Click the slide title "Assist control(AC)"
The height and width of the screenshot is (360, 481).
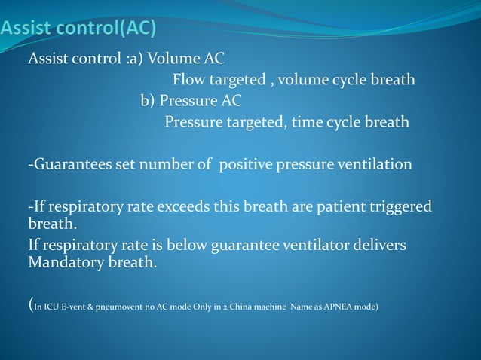tap(78, 29)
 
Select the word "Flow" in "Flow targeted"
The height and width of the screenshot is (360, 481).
tap(188, 79)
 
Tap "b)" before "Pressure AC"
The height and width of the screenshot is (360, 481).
tap(148, 100)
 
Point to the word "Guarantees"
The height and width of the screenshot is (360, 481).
tap(69, 163)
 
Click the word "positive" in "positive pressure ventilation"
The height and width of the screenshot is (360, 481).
tap(243, 163)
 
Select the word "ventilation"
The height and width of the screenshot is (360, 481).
tap(376, 163)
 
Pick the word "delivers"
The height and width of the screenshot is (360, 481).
tap(380, 246)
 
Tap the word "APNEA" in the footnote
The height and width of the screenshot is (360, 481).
tap(332, 307)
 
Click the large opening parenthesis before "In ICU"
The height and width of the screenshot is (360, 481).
tap(30, 305)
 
